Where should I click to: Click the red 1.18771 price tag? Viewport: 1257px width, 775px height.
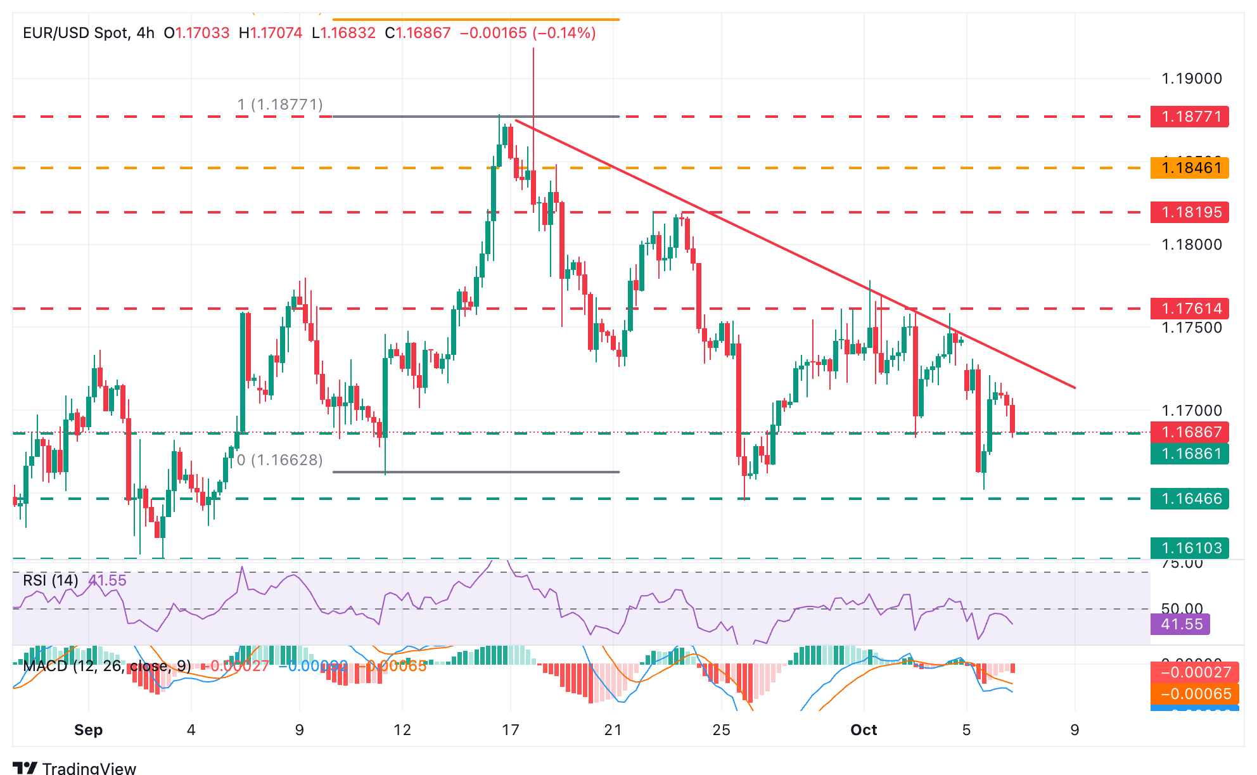tap(1189, 117)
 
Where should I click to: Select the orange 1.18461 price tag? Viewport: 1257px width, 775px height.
tap(1189, 168)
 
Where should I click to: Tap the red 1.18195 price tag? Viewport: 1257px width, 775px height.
tap(1189, 212)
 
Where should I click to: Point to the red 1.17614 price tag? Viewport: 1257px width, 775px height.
tap(1189, 309)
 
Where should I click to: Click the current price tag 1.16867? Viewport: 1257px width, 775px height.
tap(1189, 432)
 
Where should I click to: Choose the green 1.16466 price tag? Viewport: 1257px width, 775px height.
tap(1189, 499)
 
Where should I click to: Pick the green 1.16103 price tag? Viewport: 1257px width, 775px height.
tap(1189, 548)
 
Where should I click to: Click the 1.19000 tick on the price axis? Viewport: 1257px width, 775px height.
tap(1191, 79)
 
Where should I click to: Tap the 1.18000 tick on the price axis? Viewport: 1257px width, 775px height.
tap(1191, 245)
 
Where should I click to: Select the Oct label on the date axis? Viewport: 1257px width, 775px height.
tap(864, 730)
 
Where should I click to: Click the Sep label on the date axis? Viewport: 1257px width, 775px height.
tap(88, 730)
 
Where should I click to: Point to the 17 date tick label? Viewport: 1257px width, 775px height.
tap(510, 730)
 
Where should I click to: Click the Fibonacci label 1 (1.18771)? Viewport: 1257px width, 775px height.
tap(280, 105)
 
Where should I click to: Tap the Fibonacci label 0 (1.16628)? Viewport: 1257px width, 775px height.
tap(280, 460)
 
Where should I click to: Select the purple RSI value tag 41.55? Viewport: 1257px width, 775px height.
tap(1180, 624)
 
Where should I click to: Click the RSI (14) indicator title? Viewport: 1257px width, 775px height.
tap(51, 580)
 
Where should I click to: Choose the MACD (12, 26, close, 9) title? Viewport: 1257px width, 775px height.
tap(106, 666)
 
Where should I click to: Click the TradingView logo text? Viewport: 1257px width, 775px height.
tap(89, 768)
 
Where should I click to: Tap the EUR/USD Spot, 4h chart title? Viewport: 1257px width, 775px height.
tap(89, 33)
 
